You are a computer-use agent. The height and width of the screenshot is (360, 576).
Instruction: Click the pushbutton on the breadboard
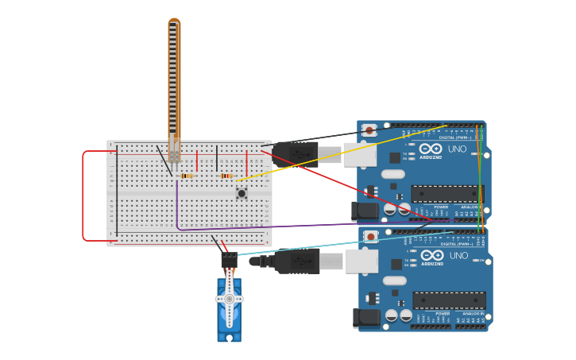point(241,192)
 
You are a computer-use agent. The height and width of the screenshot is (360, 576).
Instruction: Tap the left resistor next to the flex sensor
point(187,176)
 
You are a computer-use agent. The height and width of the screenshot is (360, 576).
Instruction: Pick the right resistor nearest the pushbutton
point(226,176)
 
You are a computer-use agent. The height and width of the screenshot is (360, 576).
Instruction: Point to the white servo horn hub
point(229,299)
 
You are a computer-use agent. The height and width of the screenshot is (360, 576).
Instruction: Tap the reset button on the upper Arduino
point(369,130)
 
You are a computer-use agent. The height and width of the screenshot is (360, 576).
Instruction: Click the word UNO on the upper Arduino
point(458,149)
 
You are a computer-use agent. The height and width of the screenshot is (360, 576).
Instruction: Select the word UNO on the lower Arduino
point(459,256)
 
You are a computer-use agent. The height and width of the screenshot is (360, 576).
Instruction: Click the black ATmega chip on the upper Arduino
point(447,194)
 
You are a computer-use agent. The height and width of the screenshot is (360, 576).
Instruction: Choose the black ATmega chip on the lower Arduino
point(448,300)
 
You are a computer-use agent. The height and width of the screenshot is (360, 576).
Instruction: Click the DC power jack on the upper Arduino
point(365,211)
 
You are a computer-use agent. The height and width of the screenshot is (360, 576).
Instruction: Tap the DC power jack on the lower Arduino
point(365,318)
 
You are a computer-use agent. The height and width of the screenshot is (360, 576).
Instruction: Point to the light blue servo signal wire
point(342,242)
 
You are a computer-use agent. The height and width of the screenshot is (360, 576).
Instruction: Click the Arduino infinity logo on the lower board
point(432,256)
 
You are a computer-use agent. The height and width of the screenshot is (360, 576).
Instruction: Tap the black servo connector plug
point(229,259)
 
